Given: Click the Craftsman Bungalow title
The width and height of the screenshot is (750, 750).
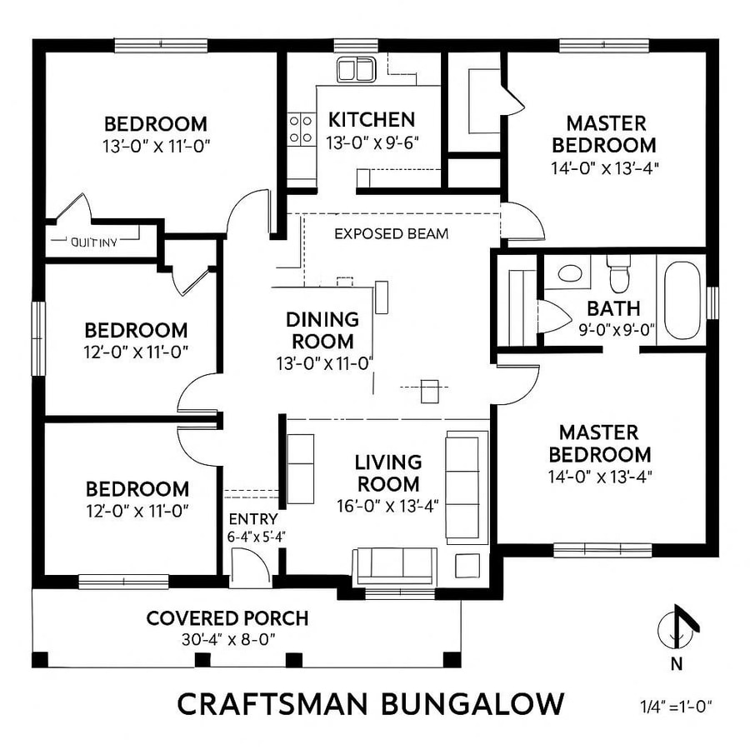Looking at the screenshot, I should click(370, 704).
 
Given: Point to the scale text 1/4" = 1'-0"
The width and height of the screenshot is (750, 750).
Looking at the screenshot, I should click(671, 706).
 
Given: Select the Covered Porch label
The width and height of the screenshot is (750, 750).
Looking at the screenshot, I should click(227, 618).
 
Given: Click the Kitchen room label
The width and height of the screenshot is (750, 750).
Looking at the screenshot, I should click(371, 119).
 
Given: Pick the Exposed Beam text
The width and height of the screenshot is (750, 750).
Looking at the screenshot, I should click(391, 234).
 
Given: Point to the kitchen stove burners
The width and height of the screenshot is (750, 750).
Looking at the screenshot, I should click(302, 129).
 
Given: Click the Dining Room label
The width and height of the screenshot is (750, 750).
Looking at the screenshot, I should click(322, 330).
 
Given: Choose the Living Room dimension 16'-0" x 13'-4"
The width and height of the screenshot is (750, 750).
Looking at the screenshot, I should click(387, 505).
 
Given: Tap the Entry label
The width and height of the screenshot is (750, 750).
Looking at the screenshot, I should click(247, 519).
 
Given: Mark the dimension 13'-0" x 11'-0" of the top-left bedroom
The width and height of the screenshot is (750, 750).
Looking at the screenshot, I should click(156, 145).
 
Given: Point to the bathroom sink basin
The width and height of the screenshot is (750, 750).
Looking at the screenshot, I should click(570, 272).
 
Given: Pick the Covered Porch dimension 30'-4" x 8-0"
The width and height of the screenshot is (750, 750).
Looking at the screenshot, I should click(227, 639).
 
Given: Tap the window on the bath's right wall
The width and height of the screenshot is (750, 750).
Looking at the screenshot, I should click(712, 302).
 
